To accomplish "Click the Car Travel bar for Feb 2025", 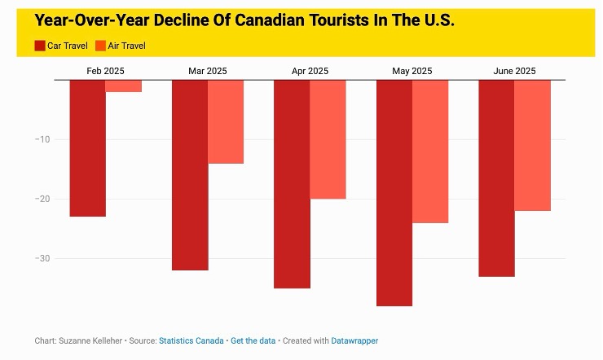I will click(x=87, y=148).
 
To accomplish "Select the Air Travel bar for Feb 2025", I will click(x=124, y=86).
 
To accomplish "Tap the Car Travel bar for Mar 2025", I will click(x=190, y=175).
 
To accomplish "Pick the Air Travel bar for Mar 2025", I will click(x=226, y=122).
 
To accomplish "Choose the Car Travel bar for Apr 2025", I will click(x=292, y=184).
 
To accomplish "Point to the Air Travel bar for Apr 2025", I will click(x=328, y=139).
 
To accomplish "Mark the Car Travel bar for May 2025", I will click(x=394, y=193).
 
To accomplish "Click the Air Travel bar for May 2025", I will click(x=430, y=151).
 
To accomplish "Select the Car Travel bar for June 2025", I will click(x=496, y=178).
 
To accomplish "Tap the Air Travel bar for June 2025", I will click(x=532, y=146).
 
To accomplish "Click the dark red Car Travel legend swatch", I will click(x=40, y=46).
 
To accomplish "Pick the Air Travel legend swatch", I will click(x=101, y=46).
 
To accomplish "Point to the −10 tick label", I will click(x=42, y=139).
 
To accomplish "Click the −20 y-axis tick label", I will click(x=42, y=199).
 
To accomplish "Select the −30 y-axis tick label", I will click(x=42, y=258).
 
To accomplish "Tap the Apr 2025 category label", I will click(x=310, y=71).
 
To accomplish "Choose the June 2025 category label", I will click(x=514, y=71).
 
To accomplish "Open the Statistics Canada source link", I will click(x=191, y=340).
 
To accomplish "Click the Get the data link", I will click(x=253, y=340).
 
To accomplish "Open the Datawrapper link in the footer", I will click(x=354, y=340).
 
